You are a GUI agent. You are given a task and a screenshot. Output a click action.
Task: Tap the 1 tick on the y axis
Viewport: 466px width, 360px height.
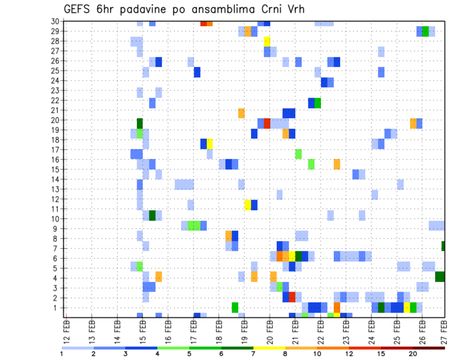(x=57, y=308)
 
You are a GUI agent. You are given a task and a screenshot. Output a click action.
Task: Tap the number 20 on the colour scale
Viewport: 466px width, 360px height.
(x=413, y=353)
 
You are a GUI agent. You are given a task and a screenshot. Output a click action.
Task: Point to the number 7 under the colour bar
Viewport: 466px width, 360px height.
(x=253, y=353)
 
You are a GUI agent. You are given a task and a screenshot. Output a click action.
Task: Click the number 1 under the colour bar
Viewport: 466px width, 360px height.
(x=62, y=353)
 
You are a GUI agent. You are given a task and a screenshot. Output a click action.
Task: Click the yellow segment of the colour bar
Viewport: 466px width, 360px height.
(x=269, y=347)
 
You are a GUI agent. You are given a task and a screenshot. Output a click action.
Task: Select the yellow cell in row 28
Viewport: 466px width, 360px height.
(x=267, y=40)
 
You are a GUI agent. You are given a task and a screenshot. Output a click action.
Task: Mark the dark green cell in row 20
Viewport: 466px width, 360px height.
(x=140, y=123)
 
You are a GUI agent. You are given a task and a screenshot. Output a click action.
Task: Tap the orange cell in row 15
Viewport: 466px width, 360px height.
(x=337, y=164)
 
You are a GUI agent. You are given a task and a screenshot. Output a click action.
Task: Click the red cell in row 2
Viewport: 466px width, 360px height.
(x=292, y=296)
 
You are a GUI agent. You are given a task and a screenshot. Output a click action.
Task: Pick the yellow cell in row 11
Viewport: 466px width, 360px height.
(x=248, y=204)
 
